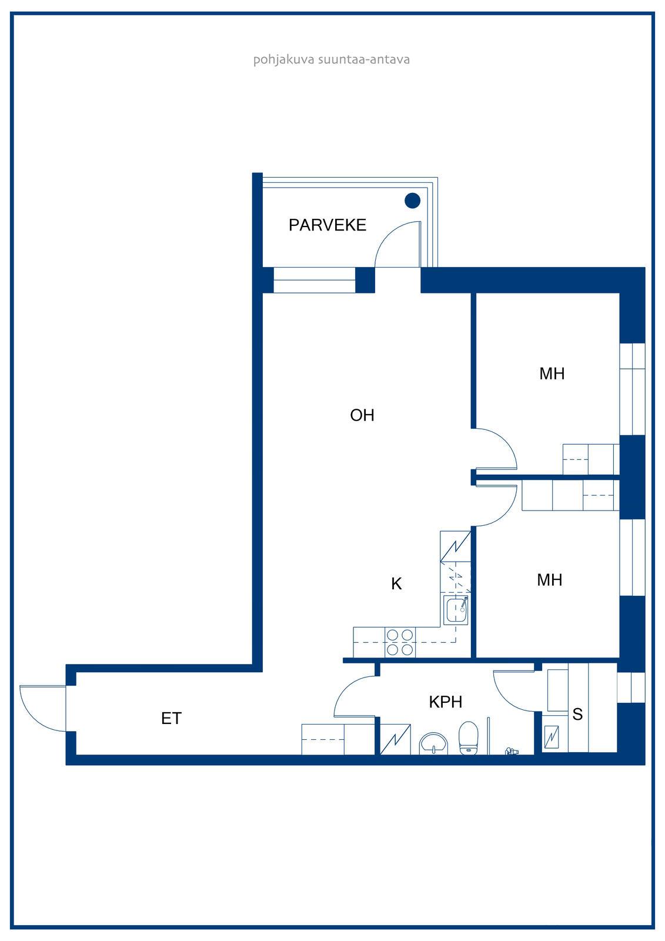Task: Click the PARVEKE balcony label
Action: (x=328, y=225)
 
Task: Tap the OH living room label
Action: (x=362, y=415)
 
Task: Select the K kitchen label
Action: (x=396, y=583)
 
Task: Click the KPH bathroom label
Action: (x=445, y=702)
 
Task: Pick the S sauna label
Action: (x=577, y=714)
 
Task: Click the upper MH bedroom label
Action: (x=552, y=373)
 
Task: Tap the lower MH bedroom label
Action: (x=550, y=580)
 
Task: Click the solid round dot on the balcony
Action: (x=413, y=201)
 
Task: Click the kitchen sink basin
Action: (x=456, y=610)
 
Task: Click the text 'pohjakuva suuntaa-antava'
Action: (x=332, y=59)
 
